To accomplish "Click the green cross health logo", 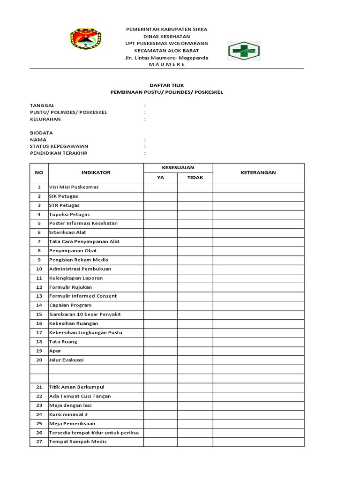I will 244,51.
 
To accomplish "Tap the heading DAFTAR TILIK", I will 166,85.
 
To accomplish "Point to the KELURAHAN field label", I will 45,119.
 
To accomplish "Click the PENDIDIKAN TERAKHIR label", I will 59,153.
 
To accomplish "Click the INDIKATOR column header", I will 96,172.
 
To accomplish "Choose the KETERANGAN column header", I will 258,172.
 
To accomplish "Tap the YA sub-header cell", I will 160,178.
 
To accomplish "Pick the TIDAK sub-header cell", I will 195,178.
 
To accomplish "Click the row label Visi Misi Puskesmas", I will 74,187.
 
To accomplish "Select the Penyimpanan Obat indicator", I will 73,251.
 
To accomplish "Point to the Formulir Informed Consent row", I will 83,296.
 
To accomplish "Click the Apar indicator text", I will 55,351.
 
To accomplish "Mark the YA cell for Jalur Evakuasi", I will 160,360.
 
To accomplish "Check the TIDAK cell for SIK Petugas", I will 195,196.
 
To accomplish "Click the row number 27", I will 39,442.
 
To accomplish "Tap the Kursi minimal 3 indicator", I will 68,414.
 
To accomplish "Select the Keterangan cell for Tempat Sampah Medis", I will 258,442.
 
